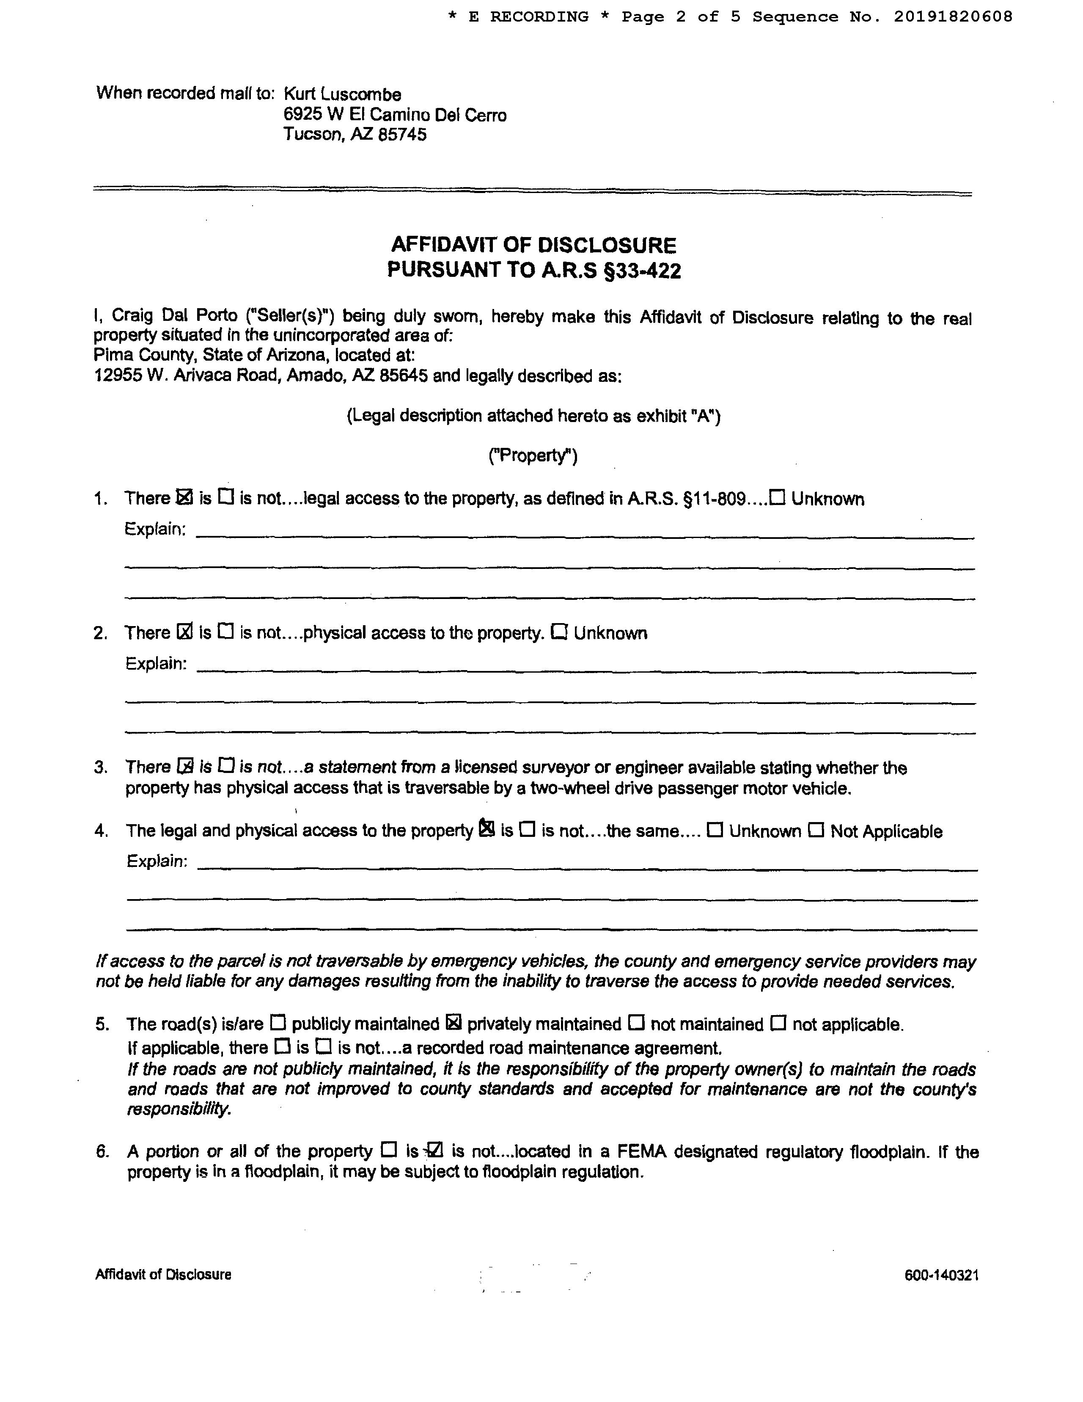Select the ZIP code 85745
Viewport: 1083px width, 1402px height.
402,135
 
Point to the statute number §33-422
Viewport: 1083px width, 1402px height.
642,270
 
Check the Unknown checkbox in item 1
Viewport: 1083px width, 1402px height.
778,497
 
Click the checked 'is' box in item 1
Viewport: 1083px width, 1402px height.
184,497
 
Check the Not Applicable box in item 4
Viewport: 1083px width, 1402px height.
816,830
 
